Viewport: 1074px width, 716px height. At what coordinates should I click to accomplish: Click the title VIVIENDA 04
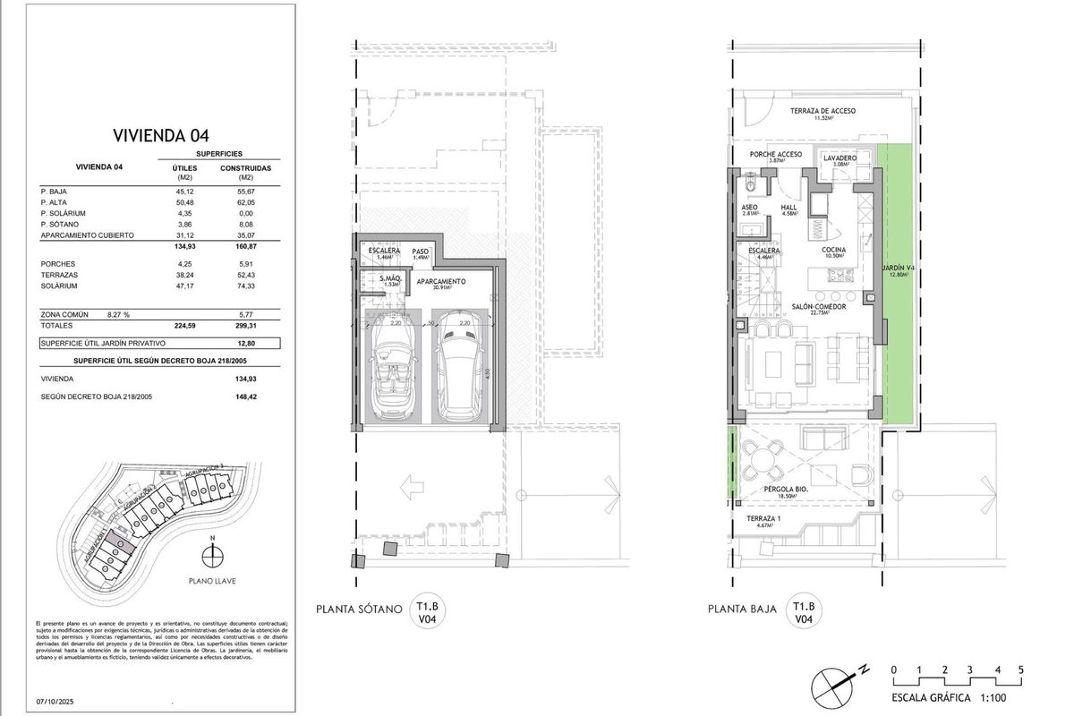160,136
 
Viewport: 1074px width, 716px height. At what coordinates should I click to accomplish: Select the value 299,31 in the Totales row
235,327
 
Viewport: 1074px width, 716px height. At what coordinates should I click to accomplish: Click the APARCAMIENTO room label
432,283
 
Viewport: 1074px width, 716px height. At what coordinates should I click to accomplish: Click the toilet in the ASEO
753,184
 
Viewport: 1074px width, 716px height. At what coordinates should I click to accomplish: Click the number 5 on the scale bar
1020,669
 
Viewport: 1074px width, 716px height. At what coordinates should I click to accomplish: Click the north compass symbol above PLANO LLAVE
211,555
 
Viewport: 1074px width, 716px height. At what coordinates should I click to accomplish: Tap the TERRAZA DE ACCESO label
823,111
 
